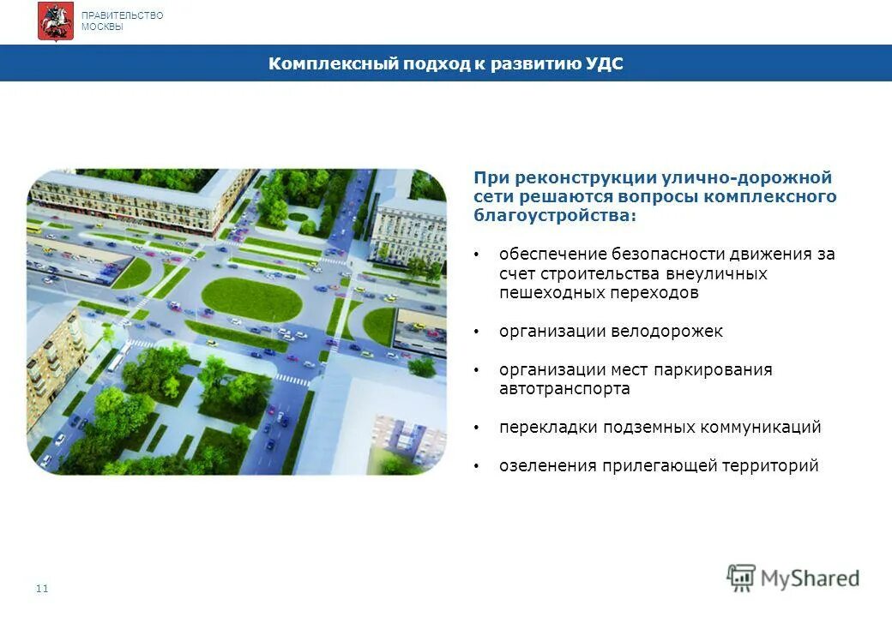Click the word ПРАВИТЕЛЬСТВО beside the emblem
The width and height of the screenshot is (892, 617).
click(122, 15)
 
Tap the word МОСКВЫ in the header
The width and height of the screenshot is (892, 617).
click(102, 27)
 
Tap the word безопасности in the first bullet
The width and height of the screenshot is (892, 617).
click(667, 255)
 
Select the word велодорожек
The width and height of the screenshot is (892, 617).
click(667, 331)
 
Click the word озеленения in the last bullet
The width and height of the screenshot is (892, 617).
click(547, 465)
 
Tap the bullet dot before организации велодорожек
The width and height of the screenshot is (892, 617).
click(478, 332)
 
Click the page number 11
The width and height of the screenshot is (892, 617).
click(43, 589)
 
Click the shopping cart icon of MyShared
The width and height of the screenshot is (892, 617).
click(741, 578)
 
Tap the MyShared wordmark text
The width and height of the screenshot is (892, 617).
click(810, 578)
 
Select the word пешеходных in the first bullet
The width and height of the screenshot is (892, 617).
click(542, 292)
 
